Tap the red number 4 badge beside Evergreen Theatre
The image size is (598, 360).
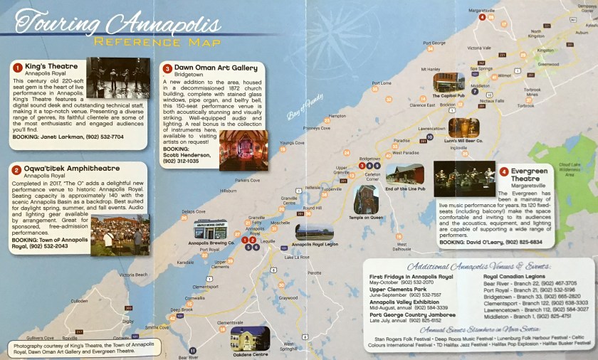tap(504, 171)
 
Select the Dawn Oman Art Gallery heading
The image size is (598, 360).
tap(216, 68)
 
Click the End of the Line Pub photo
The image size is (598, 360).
tap(404, 174)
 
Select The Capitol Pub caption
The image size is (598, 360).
tap(448, 94)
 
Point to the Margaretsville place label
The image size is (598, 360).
tap(486, 11)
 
